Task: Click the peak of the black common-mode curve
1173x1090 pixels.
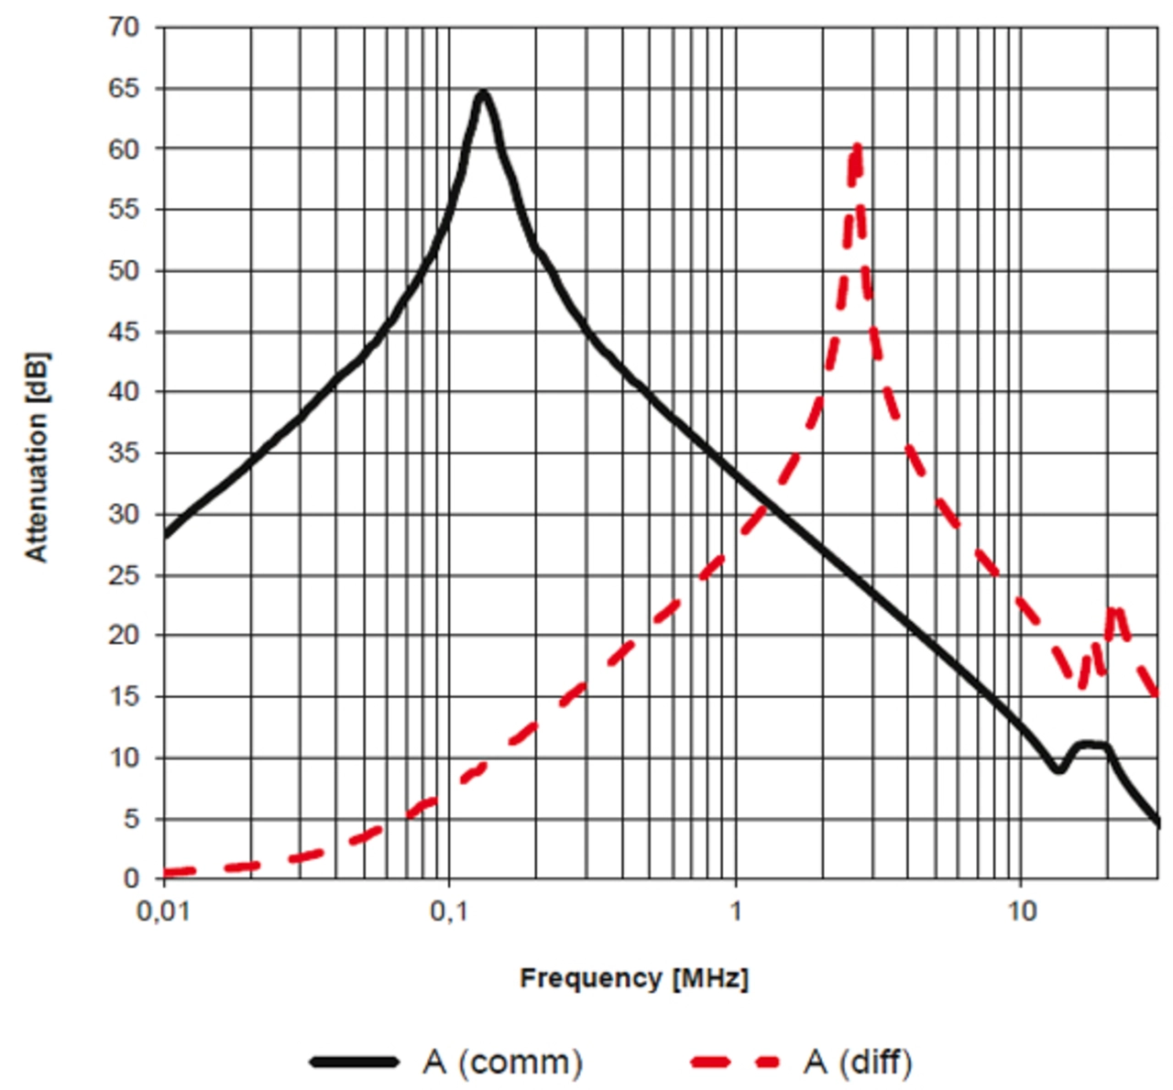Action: point(483,93)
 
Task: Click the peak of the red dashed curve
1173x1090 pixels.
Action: point(857,147)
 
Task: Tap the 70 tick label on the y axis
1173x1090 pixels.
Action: point(124,27)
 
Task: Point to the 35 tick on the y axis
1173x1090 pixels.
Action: point(124,453)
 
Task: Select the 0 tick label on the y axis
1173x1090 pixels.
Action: point(131,878)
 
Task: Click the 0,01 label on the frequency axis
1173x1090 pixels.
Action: point(163,913)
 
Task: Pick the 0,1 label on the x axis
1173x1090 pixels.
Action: point(448,913)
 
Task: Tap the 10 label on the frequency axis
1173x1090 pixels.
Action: point(1020,913)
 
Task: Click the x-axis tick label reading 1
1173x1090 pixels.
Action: point(735,913)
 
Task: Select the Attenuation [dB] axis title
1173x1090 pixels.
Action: point(37,456)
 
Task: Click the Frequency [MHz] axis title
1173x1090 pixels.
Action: point(634,978)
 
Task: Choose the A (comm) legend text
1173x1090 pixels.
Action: point(503,1063)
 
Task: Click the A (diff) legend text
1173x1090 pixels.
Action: point(858,1063)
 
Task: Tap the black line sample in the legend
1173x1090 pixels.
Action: point(356,1063)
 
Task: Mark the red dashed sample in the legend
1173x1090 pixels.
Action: point(735,1063)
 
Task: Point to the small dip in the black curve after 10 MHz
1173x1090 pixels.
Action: point(1058,769)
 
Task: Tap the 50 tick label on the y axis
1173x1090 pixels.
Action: point(124,271)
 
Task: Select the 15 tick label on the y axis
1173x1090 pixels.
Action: point(124,697)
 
